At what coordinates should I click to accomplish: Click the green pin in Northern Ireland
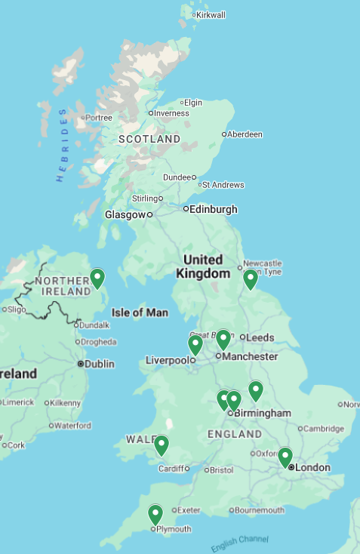[x=97, y=279]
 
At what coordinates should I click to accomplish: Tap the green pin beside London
[x=285, y=457]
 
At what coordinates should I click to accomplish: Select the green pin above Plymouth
[x=155, y=515]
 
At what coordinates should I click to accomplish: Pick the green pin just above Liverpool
[x=195, y=345]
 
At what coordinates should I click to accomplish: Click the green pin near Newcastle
[x=250, y=279]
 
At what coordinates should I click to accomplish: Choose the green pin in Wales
[x=162, y=445]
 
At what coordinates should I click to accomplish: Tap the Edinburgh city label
[x=214, y=209]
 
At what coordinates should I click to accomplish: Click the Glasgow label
[x=125, y=215]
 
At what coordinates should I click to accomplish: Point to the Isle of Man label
[x=140, y=312]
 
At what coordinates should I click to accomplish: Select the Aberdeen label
[x=245, y=134]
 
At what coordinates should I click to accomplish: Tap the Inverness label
[x=172, y=113]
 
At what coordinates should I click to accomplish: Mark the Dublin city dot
[x=81, y=364]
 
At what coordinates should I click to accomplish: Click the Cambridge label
[x=325, y=429]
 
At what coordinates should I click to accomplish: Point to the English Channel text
[x=239, y=543]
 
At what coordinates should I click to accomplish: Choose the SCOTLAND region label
[x=149, y=140]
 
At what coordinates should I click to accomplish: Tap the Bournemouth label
[x=259, y=510]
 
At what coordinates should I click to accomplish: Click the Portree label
[x=99, y=118]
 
